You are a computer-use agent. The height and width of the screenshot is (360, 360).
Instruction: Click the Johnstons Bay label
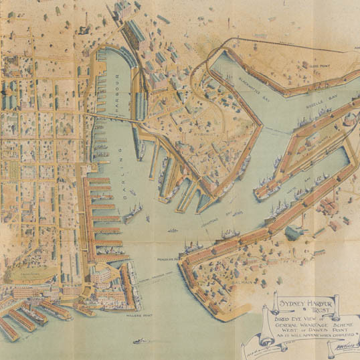click(226, 213)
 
